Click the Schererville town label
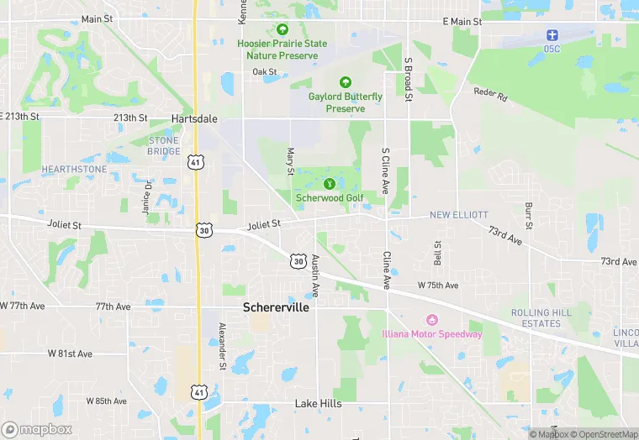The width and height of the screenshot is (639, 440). pyautogui.click(x=276, y=307)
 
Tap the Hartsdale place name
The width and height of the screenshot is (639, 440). pyautogui.click(x=194, y=118)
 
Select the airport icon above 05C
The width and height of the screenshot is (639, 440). pyautogui.click(x=552, y=35)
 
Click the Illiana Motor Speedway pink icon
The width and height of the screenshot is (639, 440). pyautogui.click(x=433, y=320)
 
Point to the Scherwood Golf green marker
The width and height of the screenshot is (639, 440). pyautogui.click(x=329, y=183)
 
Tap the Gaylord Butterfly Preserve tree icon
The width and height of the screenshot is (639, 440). pyautogui.click(x=345, y=82)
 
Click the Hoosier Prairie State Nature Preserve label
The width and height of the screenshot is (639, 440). pyautogui.click(x=282, y=49)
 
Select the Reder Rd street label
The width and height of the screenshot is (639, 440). pyautogui.click(x=491, y=95)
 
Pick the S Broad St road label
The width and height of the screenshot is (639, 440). pyautogui.click(x=408, y=80)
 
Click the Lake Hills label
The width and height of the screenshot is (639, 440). pyautogui.click(x=318, y=404)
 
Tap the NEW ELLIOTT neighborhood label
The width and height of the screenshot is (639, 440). pyautogui.click(x=459, y=215)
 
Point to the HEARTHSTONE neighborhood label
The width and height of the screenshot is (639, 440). pyautogui.click(x=75, y=169)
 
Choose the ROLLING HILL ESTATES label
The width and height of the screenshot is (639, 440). pyautogui.click(x=541, y=318)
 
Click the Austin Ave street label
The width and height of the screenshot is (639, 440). pyautogui.click(x=315, y=275)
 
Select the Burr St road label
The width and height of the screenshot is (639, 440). pyautogui.click(x=529, y=215)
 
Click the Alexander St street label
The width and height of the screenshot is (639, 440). pyautogui.click(x=222, y=346)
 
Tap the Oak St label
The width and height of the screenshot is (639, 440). pyautogui.click(x=265, y=72)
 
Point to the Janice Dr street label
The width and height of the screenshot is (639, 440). pyautogui.click(x=148, y=196)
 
